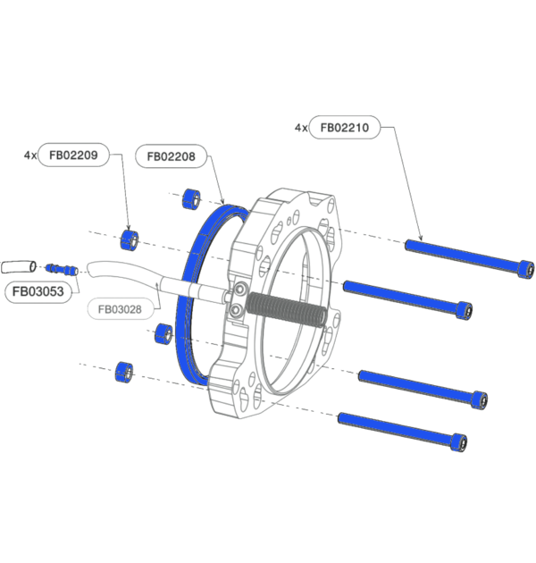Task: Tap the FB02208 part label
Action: (172, 155)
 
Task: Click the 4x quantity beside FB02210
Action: (301, 128)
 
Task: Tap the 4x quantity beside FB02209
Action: (30, 155)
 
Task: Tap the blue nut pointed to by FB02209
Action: (130, 239)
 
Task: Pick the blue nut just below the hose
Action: (163, 334)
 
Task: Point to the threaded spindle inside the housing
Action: (285, 307)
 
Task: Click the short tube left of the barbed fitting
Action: (19, 265)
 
